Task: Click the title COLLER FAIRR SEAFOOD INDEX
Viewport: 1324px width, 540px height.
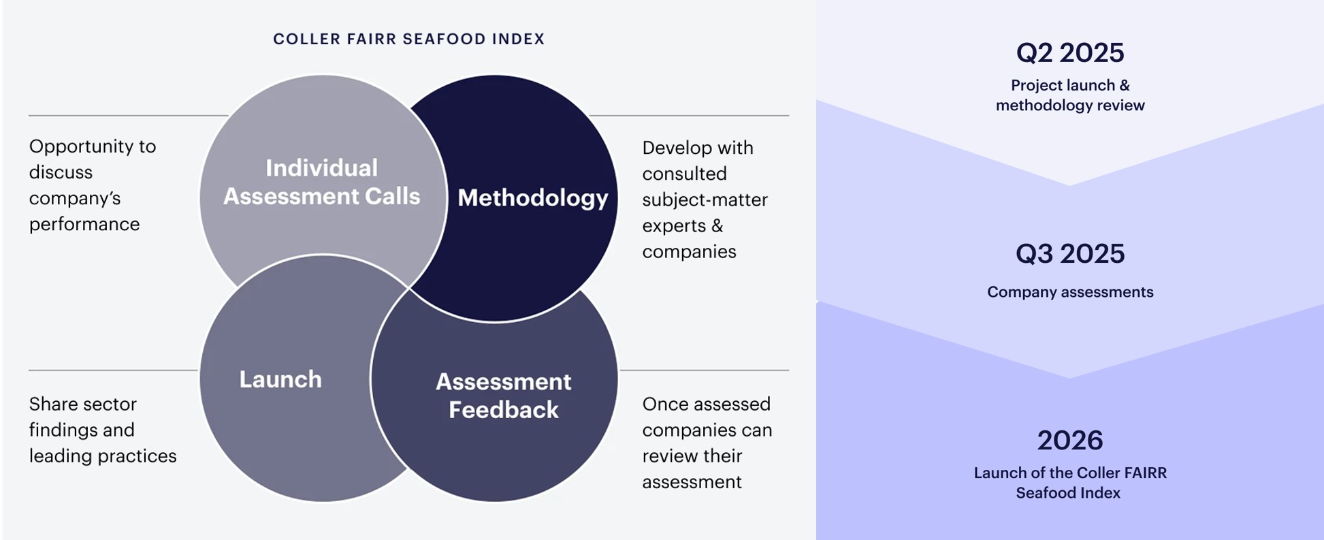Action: pyautogui.click(x=408, y=39)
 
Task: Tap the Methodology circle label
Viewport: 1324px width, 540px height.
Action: pyautogui.click(x=533, y=198)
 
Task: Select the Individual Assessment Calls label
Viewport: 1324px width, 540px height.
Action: pyautogui.click(x=321, y=182)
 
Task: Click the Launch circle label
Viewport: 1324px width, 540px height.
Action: pyautogui.click(x=280, y=379)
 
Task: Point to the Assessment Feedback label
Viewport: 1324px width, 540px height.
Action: pyautogui.click(x=504, y=396)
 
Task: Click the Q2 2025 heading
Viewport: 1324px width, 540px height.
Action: pyautogui.click(x=1070, y=52)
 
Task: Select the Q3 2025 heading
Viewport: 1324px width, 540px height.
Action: pyautogui.click(x=1070, y=253)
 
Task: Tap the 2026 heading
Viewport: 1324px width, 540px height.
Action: pyautogui.click(x=1070, y=441)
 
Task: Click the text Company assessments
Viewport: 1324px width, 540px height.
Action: pyautogui.click(x=1070, y=292)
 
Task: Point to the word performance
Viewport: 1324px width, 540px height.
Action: pyautogui.click(x=84, y=225)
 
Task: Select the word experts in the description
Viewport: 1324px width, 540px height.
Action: pyautogui.click(x=674, y=226)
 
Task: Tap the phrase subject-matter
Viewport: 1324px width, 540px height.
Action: pyautogui.click(x=705, y=200)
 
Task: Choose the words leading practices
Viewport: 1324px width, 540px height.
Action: pyautogui.click(x=103, y=456)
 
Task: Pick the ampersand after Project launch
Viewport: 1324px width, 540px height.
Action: pyautogui.click(x=1125, y=85)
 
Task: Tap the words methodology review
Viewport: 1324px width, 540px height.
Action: pyautogui.click(x=1070, y=106)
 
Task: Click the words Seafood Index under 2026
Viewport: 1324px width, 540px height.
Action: pyautogui.click(x=1068, y=493)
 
